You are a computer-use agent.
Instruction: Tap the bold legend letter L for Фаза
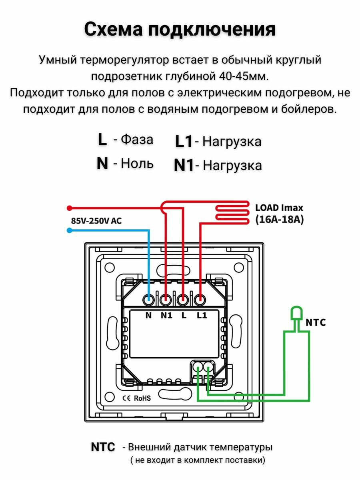click(102, 140)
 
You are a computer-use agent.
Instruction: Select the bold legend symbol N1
click(184, 166)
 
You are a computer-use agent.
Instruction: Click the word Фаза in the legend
click(137, 140)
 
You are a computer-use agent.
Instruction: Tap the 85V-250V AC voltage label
click(96, 220)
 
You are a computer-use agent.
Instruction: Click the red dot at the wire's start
click(69, 208)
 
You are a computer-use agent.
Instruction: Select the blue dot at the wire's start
click(69, 230)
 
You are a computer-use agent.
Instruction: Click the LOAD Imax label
click(279, 208)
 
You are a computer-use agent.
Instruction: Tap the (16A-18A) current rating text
click(279, 220)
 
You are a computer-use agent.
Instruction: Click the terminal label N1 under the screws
click(166, 315)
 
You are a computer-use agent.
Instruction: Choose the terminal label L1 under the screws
click(202, 315)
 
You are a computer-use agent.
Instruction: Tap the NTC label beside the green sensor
click(316, 322)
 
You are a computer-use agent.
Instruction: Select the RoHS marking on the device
click(142, 398)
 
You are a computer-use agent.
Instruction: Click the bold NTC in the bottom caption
click(103, 447)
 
